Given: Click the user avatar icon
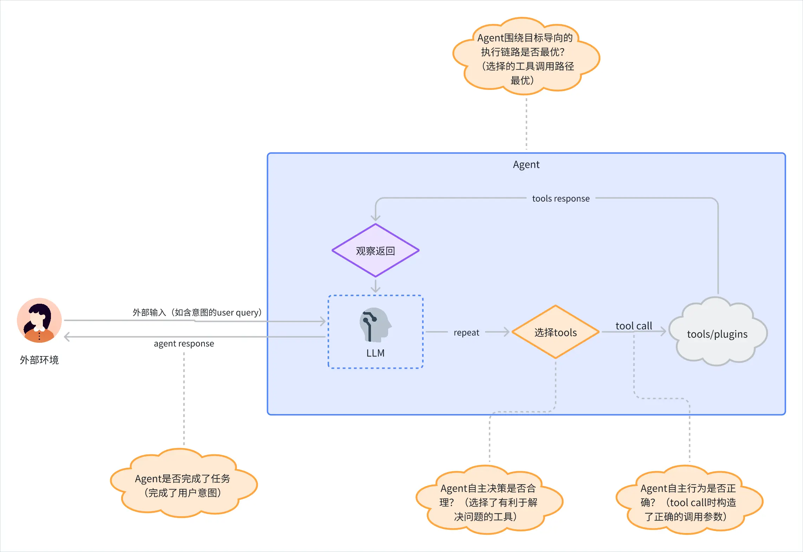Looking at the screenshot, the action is tap(39, 320).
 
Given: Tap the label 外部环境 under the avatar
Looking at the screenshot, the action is tap(39, 360).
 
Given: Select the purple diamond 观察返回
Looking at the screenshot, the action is tap(376, 251).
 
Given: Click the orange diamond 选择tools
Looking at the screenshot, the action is tap(555, 332).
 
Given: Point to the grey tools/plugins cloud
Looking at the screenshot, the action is tap(718, 332).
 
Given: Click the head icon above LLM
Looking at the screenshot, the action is tap(376, 325).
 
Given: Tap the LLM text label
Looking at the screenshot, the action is tap(376, 353).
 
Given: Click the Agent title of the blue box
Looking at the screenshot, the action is tap(526, 165).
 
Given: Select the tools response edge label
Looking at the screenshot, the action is tap(561, 199).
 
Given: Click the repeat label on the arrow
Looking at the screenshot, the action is tap(466, 333).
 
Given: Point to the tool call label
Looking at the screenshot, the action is tap(634, 326).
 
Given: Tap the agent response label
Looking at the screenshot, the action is tap(184, 343).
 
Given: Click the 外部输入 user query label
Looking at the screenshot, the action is tap(197, 313).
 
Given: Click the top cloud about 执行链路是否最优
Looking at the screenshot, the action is tap(526, 56).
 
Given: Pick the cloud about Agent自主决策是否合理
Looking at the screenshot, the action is tap(489, 500).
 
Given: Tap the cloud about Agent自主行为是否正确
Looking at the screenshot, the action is tap(689, 500).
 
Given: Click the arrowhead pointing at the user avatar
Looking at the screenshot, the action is tap(67, 337).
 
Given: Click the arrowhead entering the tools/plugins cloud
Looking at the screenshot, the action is tap(664, 331).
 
